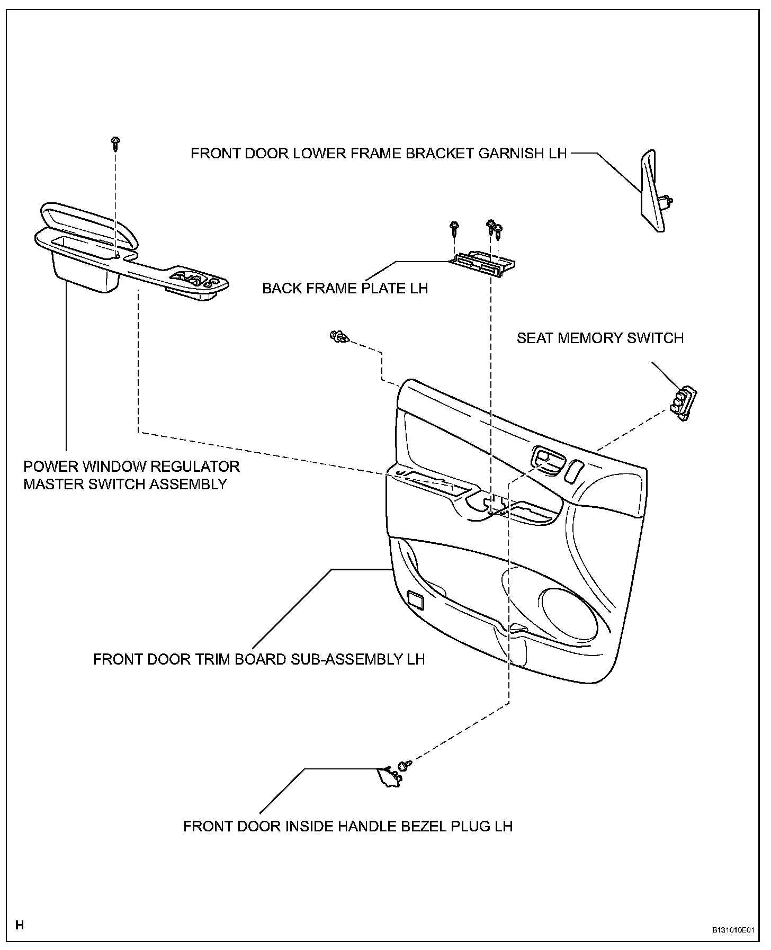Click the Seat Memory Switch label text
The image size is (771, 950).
(x=600, y=338)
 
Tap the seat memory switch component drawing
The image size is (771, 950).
(x=683, y=404)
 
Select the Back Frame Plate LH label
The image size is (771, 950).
(x=345, y=288)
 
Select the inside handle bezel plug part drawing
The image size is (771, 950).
(x=387, y=777)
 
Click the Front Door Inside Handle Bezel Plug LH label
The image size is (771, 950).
(x=348, y=826)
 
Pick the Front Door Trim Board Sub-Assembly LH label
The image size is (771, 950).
(x=259, y=659)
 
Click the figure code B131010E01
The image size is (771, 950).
(x=733, y=929)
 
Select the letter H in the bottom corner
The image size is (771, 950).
(x=20, y=925)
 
